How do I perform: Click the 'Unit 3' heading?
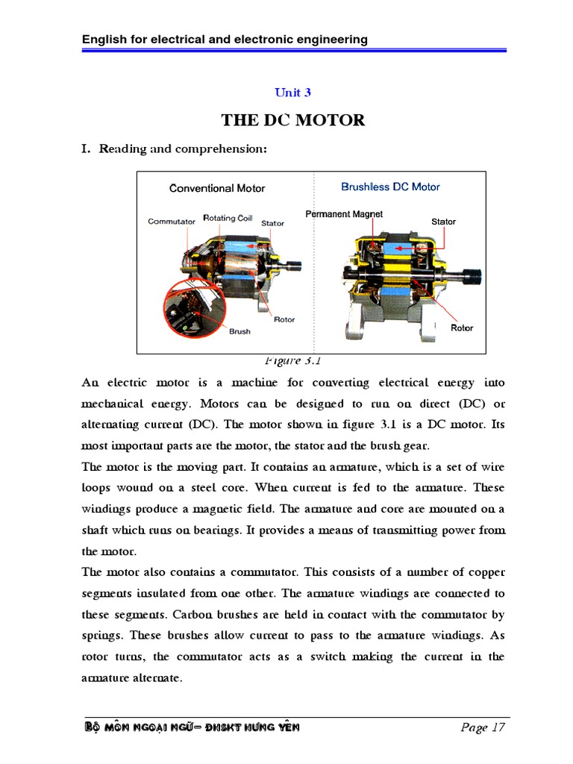(292, 93)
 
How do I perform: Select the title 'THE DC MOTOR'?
(292, 120)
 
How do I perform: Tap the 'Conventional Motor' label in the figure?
(217, 188)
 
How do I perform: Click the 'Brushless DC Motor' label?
(390, 187)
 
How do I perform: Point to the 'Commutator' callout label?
(172, 222)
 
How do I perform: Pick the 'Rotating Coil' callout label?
(228, 218)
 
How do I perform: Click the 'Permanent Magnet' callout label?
(344, 214)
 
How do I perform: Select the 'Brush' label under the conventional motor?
(239, 331)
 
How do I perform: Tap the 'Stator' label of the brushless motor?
(443, 222)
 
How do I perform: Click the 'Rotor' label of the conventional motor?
(284, 319)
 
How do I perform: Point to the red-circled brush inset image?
(190, 307)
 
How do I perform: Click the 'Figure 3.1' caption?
(292, 361)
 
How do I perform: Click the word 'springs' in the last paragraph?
(101, 636)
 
